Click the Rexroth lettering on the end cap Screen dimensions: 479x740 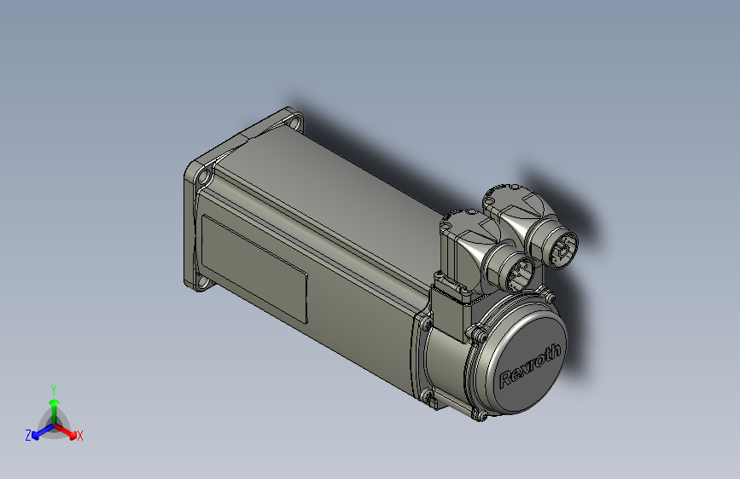coord(530,365)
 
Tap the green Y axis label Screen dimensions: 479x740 coord(53,389)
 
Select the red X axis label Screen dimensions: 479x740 coord(80,436)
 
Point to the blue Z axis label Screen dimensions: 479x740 coord(28,436)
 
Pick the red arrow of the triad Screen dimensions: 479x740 coord(68,430)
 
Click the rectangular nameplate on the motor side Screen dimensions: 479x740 coord(254,267)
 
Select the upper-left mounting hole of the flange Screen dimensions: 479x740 coord(203,176)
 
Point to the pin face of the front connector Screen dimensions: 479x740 coord(516,274)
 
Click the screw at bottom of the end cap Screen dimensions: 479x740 coord(479,415)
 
